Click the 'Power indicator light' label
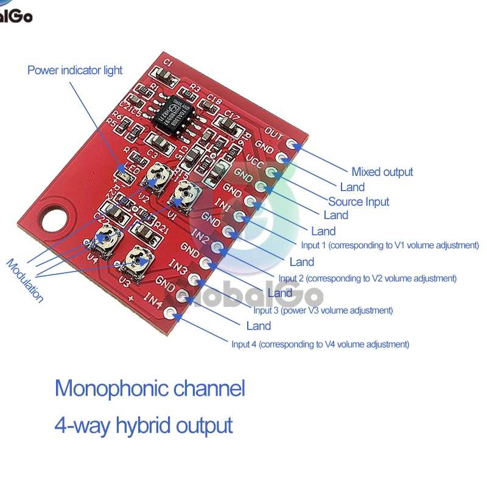(x=75, y=71)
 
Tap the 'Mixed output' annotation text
(x=382, y=172)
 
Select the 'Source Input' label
(x=359, y=201)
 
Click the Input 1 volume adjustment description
(x=390, y=245)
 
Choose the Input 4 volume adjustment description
(x=320, y=344)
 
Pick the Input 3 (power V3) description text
(x=323, y=310)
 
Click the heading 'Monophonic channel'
(x=150, y=388)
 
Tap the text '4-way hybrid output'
(x=144, y=424)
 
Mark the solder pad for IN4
(x=170, y=314)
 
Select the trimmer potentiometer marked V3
(x=139, y=260)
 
